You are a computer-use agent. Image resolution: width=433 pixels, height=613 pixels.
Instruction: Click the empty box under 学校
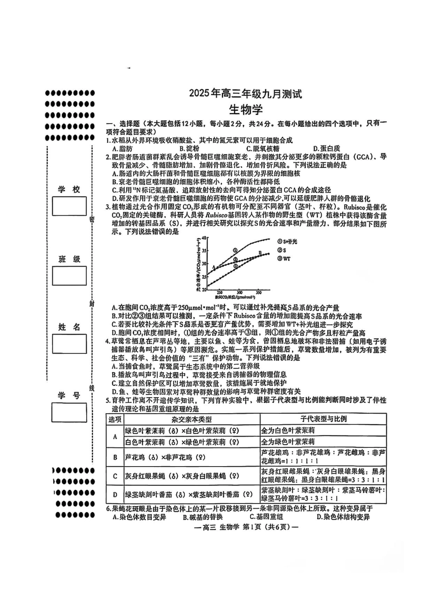(69, 206)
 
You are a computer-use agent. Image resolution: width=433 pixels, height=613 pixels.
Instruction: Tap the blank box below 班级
(69, 275)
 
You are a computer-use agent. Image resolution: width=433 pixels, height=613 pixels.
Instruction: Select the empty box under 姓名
(69, 343)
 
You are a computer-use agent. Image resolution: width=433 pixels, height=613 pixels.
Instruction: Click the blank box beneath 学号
(69, 412)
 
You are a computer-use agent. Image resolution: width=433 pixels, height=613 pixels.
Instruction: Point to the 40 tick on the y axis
(205, 238)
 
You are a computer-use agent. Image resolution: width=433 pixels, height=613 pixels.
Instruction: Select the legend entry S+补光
(287, 241)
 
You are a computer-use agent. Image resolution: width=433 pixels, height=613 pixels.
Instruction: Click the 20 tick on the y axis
(205, 289)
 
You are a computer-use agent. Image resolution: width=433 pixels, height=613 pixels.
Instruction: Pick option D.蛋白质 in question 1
(326, 148)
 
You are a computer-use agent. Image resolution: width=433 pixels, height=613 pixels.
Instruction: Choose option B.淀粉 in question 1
(189, 148)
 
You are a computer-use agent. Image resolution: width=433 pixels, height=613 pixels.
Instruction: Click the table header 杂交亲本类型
(191, 419)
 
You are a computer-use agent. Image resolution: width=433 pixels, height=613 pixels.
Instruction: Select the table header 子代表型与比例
(323, 419)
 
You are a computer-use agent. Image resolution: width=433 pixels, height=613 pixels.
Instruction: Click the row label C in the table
(115, 476)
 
